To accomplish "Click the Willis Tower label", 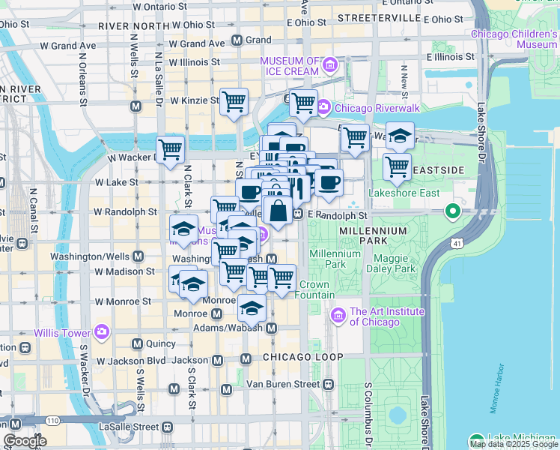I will [61, 331].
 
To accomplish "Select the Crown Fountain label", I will [317, 289].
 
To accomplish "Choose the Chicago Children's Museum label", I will [514, 39].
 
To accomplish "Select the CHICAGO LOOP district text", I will [296, 356].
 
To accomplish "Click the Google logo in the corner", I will [25, 442].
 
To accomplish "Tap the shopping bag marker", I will [278, 211].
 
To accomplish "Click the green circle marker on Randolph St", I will [452, 212].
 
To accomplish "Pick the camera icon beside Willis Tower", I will [102, 331].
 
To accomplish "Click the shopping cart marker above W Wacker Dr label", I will [170, 149].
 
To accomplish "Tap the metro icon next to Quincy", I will [138, 343].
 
